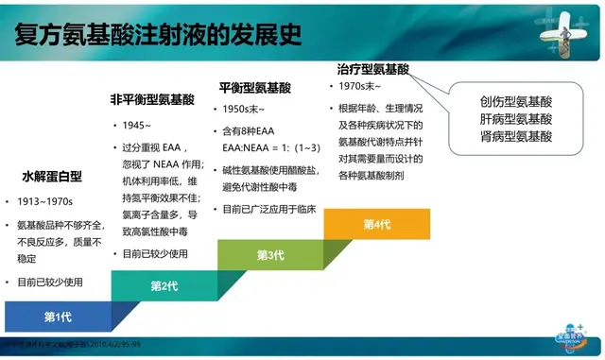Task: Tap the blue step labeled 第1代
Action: (x=59, y=316)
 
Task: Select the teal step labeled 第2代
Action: (x=164, y=285)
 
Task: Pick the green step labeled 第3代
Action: (x=270, y=254)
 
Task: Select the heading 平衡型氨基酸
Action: (x=254, y=87)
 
